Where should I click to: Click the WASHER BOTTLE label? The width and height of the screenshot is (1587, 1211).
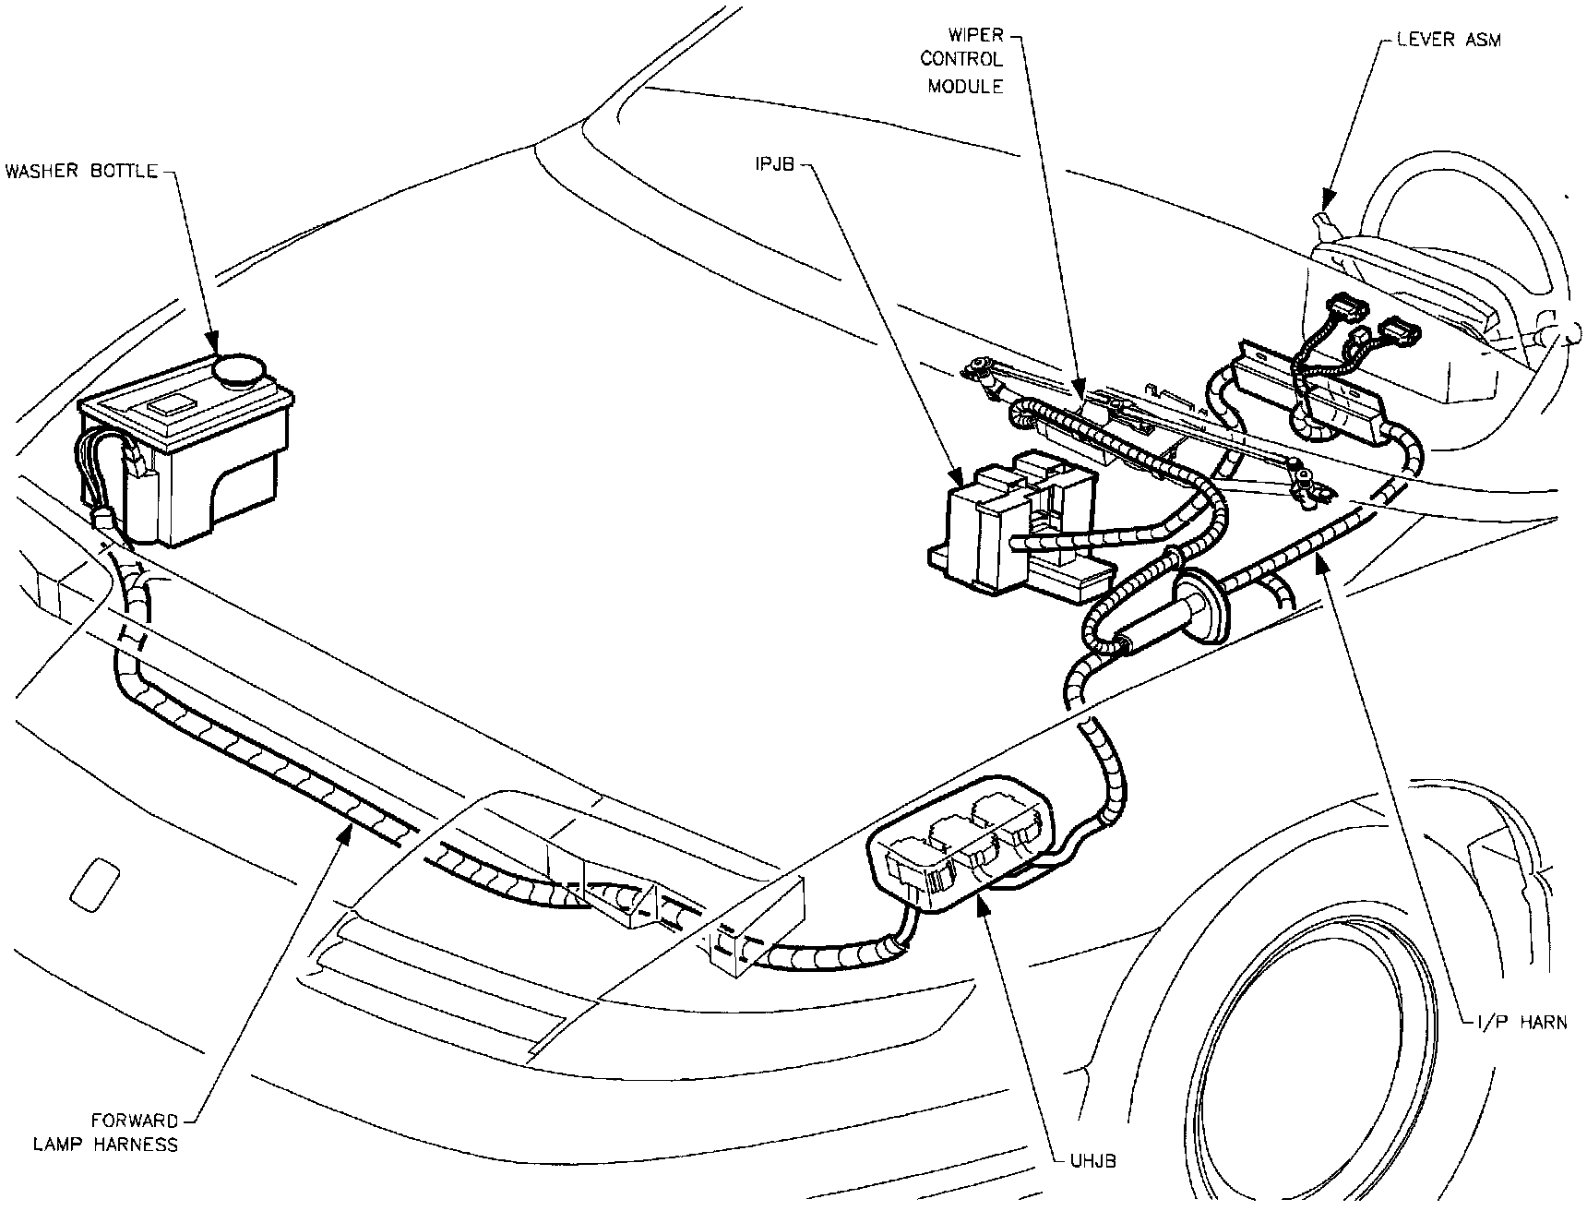point(81,172)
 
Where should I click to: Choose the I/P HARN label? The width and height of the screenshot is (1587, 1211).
point(1516,1022)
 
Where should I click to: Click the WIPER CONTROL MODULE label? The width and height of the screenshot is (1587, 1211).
point(965,60)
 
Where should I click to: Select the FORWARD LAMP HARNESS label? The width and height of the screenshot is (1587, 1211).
point(105,1133)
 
